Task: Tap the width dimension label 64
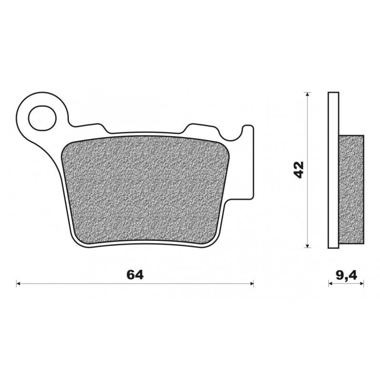tap(135, 275)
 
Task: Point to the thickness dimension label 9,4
tap(346, 275)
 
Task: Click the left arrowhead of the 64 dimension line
tap(19, 284)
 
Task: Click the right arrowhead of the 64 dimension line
tap(252, 284)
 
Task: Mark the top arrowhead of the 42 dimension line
tap(308, 95)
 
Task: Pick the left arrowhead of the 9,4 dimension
tap(331, 284)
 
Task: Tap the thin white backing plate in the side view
tap(333, 170)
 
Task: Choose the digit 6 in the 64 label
tap(131, 275)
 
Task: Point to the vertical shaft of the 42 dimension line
tap(308, 209)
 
